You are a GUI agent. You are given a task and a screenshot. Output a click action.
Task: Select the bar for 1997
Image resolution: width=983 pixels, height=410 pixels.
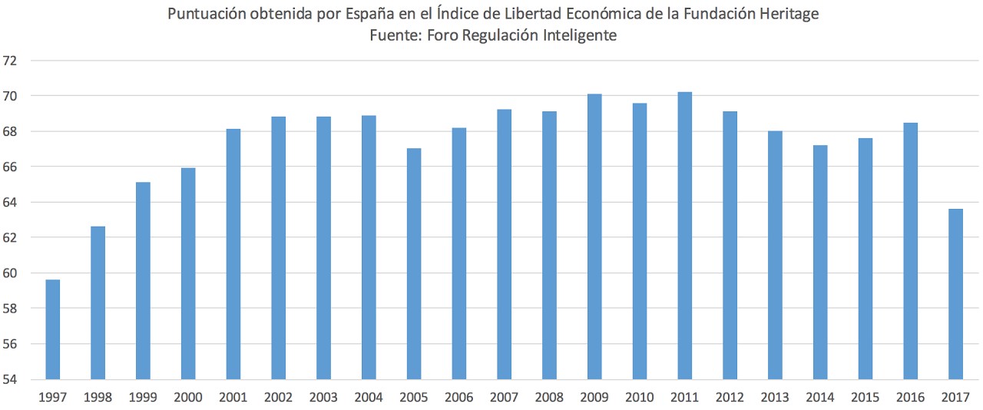tap(53, 329)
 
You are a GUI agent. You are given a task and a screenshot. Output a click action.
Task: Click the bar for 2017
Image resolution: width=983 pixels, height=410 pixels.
tap(955, 294)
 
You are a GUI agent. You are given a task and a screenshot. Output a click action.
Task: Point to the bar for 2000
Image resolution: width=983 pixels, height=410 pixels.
tap(188, 273)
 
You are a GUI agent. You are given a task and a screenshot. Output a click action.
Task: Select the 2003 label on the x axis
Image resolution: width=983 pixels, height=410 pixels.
tap(323, 397)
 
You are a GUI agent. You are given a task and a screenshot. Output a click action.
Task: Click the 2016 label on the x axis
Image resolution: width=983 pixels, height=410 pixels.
tap(910, 397)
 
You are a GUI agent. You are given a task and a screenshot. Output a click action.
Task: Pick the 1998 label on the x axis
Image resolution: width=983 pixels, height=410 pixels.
tap(98, 397)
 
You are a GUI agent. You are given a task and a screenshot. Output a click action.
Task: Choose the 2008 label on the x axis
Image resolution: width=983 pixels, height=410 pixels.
tap(549, 397)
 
